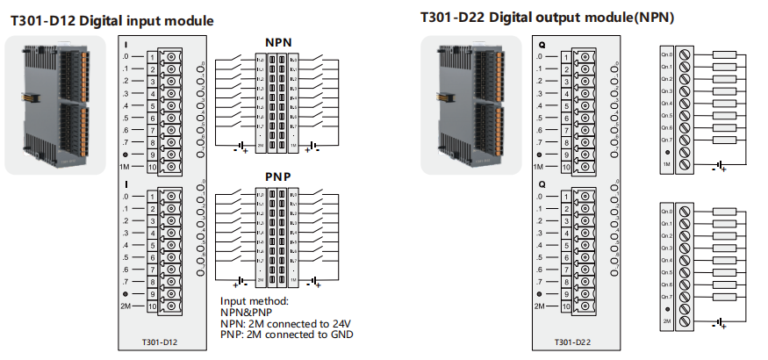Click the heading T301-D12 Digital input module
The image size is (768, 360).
[111, 20]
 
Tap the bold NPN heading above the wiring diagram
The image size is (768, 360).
[278, 43]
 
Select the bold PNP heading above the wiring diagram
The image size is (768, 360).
[278, 177]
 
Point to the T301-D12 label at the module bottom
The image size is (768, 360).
[161, 342]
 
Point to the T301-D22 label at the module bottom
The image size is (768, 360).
[573, 342]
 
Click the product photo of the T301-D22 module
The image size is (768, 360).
[472, 104]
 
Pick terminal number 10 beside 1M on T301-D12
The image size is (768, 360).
[152, 167]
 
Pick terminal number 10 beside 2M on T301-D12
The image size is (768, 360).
[152, 306]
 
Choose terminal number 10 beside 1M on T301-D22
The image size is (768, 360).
[565, 166]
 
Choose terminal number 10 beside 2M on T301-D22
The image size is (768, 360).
[565, 306]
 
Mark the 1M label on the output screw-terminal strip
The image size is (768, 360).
[667, 164]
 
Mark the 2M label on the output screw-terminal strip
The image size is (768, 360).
[667, 322]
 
